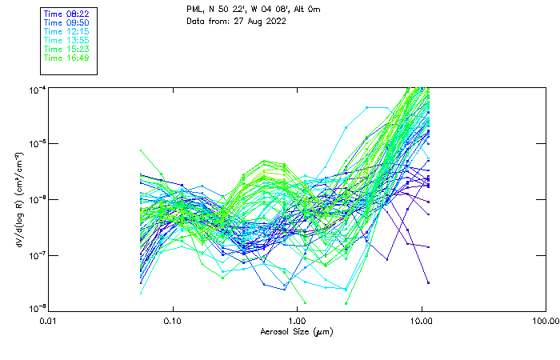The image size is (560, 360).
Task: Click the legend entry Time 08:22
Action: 66,14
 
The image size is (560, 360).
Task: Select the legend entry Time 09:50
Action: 66,23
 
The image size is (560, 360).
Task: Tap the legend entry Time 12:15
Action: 66,32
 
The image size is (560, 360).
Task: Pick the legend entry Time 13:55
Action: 66,41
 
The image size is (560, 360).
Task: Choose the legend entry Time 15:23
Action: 66,50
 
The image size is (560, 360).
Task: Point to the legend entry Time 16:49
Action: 66,58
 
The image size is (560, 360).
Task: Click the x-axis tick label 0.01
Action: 48,322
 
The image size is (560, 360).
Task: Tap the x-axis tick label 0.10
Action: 172,322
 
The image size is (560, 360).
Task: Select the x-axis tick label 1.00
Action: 297,322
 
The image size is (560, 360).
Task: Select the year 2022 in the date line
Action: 275,21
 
